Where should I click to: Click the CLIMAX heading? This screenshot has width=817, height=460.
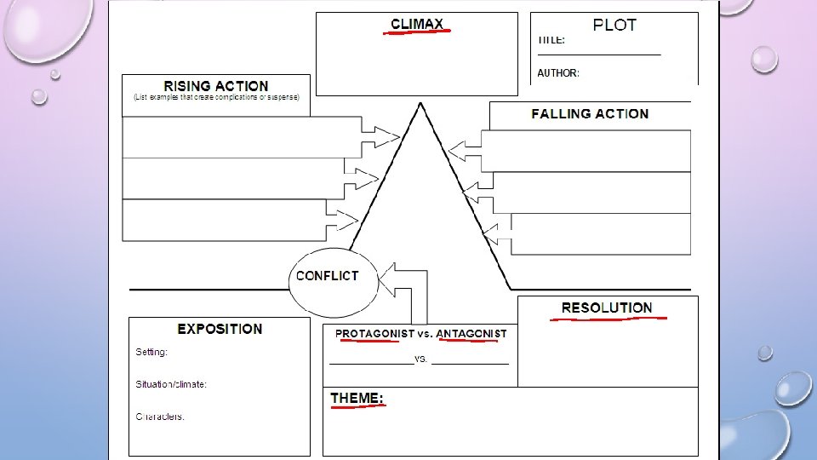[417, 23]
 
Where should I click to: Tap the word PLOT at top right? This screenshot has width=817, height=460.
[614, 25]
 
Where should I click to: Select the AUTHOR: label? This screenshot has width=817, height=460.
[558, 73]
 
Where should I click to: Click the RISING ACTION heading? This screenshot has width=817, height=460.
[216, 86]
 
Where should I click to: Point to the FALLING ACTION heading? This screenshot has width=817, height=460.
[590, 113]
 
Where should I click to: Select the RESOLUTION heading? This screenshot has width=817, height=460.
[607, 308]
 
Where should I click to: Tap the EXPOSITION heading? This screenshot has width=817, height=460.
[220, 329]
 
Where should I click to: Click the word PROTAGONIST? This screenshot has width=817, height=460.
[374, 333]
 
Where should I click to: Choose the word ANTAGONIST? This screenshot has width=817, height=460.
[471, 333]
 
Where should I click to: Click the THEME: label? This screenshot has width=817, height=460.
[357, 398]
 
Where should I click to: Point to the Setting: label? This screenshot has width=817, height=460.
[151, 352]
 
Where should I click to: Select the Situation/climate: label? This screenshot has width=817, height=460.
[171, 384]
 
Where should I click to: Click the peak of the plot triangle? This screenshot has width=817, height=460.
[420, 105]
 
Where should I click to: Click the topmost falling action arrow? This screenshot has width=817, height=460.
[465, 151]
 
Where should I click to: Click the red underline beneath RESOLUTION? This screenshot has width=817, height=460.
[608, 319]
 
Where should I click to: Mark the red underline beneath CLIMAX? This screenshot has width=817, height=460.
[417, 32]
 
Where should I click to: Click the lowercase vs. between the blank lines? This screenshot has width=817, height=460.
[420, 359]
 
